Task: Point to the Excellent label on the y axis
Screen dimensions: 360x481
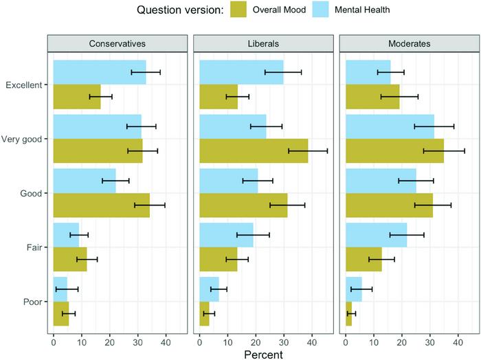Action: [25, 85]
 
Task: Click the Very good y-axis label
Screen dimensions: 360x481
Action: [23, 139]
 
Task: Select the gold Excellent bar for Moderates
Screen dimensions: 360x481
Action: [372, 97]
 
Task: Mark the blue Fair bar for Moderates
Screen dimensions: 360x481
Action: [376, 234]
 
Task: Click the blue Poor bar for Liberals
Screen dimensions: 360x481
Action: [209, 288]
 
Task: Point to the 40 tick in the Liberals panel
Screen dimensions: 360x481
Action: [311, 339]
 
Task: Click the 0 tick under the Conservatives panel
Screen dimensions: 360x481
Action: [54, 339]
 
